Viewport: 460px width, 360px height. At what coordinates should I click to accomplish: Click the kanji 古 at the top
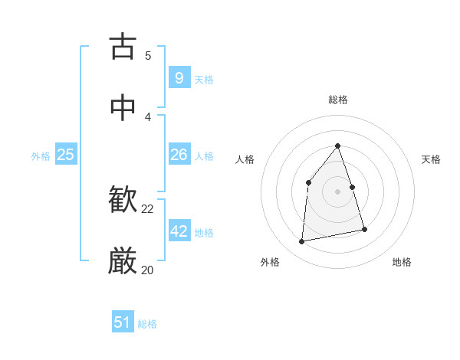(x=123, y=47)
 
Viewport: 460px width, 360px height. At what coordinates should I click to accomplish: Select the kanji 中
(x=123, y=108)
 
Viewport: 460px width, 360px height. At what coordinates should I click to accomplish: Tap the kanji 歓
(x=123, y=201)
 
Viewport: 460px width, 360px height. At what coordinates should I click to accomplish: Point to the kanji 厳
(x=123, y=262)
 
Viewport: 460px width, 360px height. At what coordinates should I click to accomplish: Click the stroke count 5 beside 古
(x=148, y=55)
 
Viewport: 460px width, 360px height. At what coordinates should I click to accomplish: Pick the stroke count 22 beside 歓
(x=148, y=208)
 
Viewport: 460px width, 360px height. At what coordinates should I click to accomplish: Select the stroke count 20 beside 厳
(x=148, y=270)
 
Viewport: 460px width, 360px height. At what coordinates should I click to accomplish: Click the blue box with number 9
(x=179, y=77)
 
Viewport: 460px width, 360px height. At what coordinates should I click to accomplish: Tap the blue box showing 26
(x=179, y=155)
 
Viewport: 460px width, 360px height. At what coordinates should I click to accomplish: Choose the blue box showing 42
(x=179, y=231)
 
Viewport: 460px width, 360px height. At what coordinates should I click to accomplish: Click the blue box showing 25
(x=65, y=155)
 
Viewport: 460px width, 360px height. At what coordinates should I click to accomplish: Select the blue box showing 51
(x=123, y=322)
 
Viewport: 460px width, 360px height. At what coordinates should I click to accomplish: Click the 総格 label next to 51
(x=147, y=324)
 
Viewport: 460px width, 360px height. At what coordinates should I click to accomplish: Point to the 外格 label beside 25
(x=41, y=155)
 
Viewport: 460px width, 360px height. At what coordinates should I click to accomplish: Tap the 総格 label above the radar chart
(x=338, y=100)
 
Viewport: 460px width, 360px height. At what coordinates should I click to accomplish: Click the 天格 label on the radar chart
(x=431, y=159)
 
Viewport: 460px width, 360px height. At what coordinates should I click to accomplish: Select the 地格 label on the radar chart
(x=402, y=262)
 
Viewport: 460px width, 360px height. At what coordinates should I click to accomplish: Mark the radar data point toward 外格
(x=302, y=242)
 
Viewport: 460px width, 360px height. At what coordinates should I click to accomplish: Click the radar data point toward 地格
(x=364, y=229)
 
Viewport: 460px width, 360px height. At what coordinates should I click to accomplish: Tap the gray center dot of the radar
(x=338, y=191)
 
